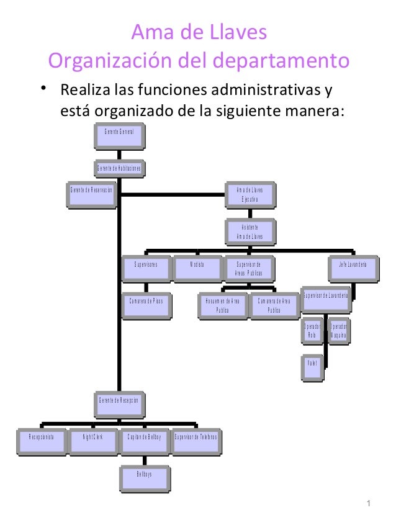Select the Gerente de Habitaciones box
coord(119,169)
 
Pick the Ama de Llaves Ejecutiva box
coord(250,195)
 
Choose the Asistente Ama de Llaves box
coord(250,231)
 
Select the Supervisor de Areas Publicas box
coord(249,268)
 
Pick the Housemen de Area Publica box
coord(222,305)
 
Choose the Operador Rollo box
coord(312,331)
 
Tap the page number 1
coord(368,503)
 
